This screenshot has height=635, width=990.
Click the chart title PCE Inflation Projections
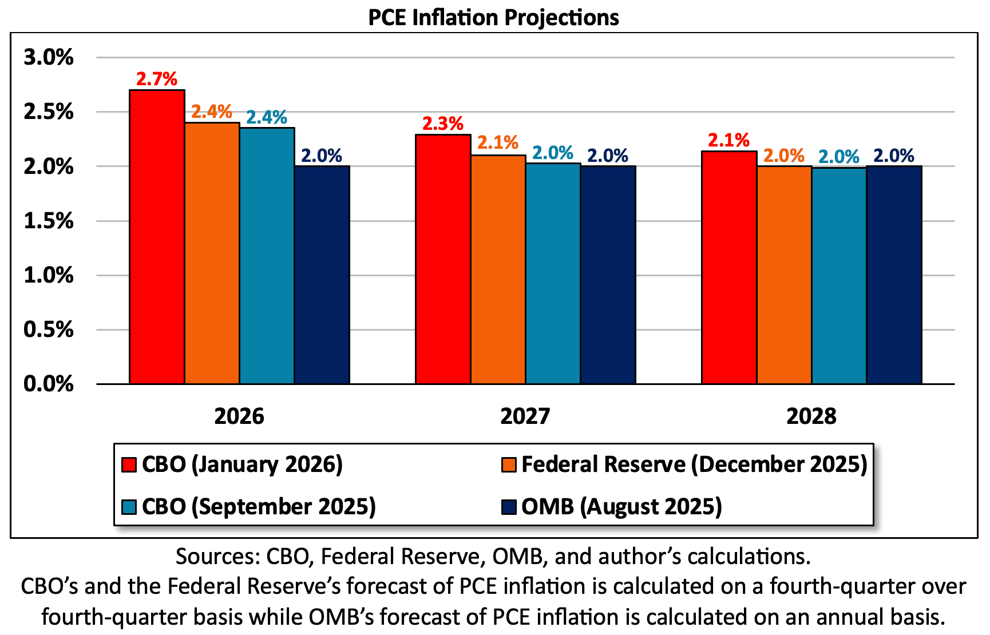tap(493, 17)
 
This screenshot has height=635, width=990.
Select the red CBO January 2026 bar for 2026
tap(157, 237)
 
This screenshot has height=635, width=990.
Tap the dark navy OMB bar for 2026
tap(322, 275)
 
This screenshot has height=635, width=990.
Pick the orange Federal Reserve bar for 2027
tap(498, 269)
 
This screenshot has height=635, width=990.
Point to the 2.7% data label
tap(156, 79)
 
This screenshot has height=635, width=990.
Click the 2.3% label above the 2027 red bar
tap(442, 124)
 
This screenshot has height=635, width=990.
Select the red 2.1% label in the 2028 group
tap(728, 140)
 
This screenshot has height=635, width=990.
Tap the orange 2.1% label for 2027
tap(498, 142)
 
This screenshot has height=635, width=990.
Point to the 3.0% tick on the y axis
tap(49, 57)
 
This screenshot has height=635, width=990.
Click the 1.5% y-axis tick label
tap(49, 221)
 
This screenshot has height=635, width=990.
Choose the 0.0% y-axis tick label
tap(49, 384)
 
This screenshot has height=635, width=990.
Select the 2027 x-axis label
tap(525, 416)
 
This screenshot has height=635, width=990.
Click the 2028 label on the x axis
tap(811, 416)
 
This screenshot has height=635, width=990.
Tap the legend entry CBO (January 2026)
tap(242, 464)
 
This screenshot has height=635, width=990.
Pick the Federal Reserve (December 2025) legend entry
tap(694, 464)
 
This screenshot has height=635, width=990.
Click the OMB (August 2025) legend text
tap(621, 507)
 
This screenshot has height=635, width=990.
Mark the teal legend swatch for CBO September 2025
tap(129, 507)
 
